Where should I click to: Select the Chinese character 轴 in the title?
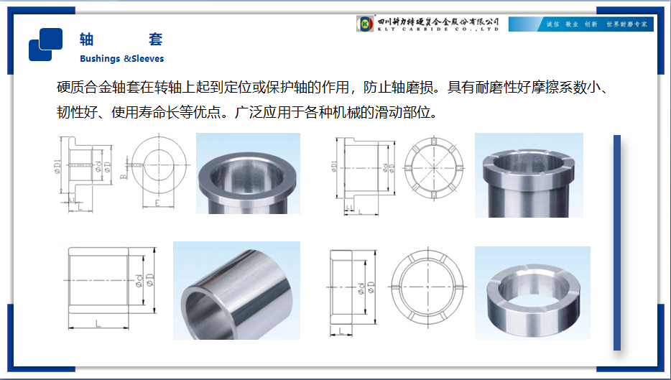pyautogui.click(x=87, y=39)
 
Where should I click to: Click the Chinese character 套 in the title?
pyautogui.click(x=155, y=39)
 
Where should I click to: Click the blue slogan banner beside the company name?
pyautogui.click(x=580, y=24)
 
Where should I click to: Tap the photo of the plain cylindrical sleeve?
pyautogui.click(x=236, y=290)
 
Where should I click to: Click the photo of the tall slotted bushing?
pyautogui.click(x=529, y=175)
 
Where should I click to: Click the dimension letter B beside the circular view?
pyautogui.click(x=124, y=175)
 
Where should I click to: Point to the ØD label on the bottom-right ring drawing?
pyautogui.click(x=371, y=288)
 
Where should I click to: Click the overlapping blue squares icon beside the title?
pyautogui.click(x=45, y=44)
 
